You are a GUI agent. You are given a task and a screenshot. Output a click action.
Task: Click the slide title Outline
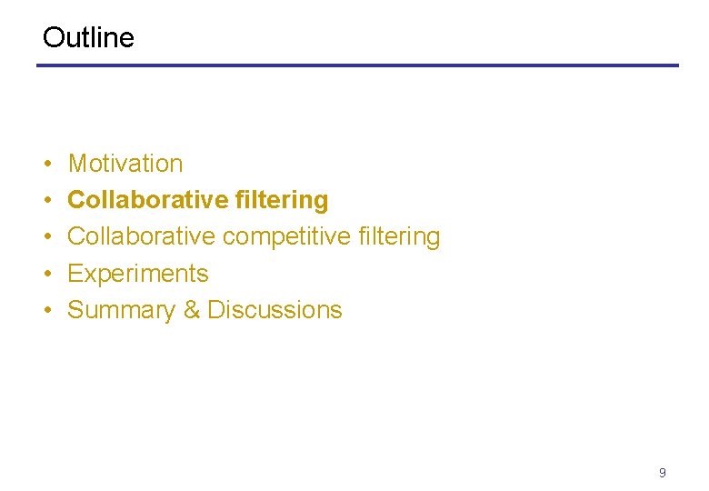click(88, 37)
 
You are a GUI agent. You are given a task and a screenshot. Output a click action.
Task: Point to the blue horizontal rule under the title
click(357, 65)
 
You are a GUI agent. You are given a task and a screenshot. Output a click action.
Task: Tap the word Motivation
click(125, 164)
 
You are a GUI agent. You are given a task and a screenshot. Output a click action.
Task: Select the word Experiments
click(138, 274)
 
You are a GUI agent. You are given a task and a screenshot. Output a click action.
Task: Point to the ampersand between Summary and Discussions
click(192, 310)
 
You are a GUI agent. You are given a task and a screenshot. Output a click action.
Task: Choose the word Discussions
click(275, 310)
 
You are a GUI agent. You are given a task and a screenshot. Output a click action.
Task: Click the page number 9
click(662, 473)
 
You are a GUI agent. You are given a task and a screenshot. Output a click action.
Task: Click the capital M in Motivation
click(77, 164)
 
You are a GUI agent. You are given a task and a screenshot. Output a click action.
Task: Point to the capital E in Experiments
click(75, 274)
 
